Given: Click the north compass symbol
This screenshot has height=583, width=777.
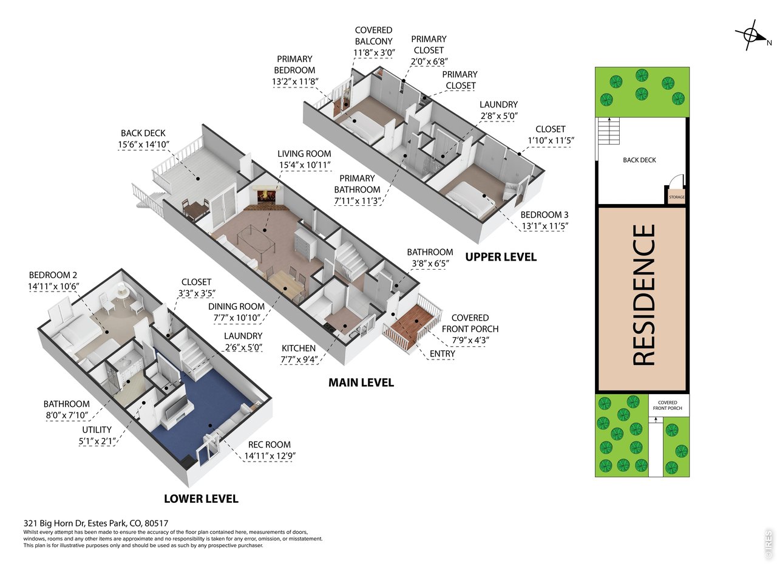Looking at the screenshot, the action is point(751,36).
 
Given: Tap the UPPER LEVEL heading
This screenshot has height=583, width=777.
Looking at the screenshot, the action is point(501,257).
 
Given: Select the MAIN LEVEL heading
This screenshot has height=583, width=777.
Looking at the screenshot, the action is point(361,383).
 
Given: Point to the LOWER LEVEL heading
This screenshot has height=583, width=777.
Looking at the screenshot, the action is point(201,499).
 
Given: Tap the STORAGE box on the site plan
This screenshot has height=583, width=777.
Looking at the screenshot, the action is point(676,195).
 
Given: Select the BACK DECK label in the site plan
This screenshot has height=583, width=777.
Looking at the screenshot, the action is point(639,160).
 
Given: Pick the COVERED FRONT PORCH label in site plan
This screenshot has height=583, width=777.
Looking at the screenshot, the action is point(667,405).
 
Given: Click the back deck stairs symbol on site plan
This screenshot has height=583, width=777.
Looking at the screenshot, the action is point(609,131).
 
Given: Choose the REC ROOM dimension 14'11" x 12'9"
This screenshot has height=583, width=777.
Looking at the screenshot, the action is point(270,456).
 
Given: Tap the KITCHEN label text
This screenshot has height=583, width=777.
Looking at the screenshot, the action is point(299,348).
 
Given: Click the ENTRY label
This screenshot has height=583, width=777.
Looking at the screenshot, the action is point(442,353).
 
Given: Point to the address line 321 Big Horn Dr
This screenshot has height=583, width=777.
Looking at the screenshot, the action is point(96,523).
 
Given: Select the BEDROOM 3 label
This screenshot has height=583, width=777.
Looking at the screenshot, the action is point(545,215).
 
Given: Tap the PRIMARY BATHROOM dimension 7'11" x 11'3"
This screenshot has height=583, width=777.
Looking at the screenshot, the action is point(358,201).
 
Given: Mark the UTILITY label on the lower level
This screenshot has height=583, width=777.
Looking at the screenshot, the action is point(97,430).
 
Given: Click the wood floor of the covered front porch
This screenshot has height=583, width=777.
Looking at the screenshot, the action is point(413,324).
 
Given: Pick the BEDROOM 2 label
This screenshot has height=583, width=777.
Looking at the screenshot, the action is point(53,275).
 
